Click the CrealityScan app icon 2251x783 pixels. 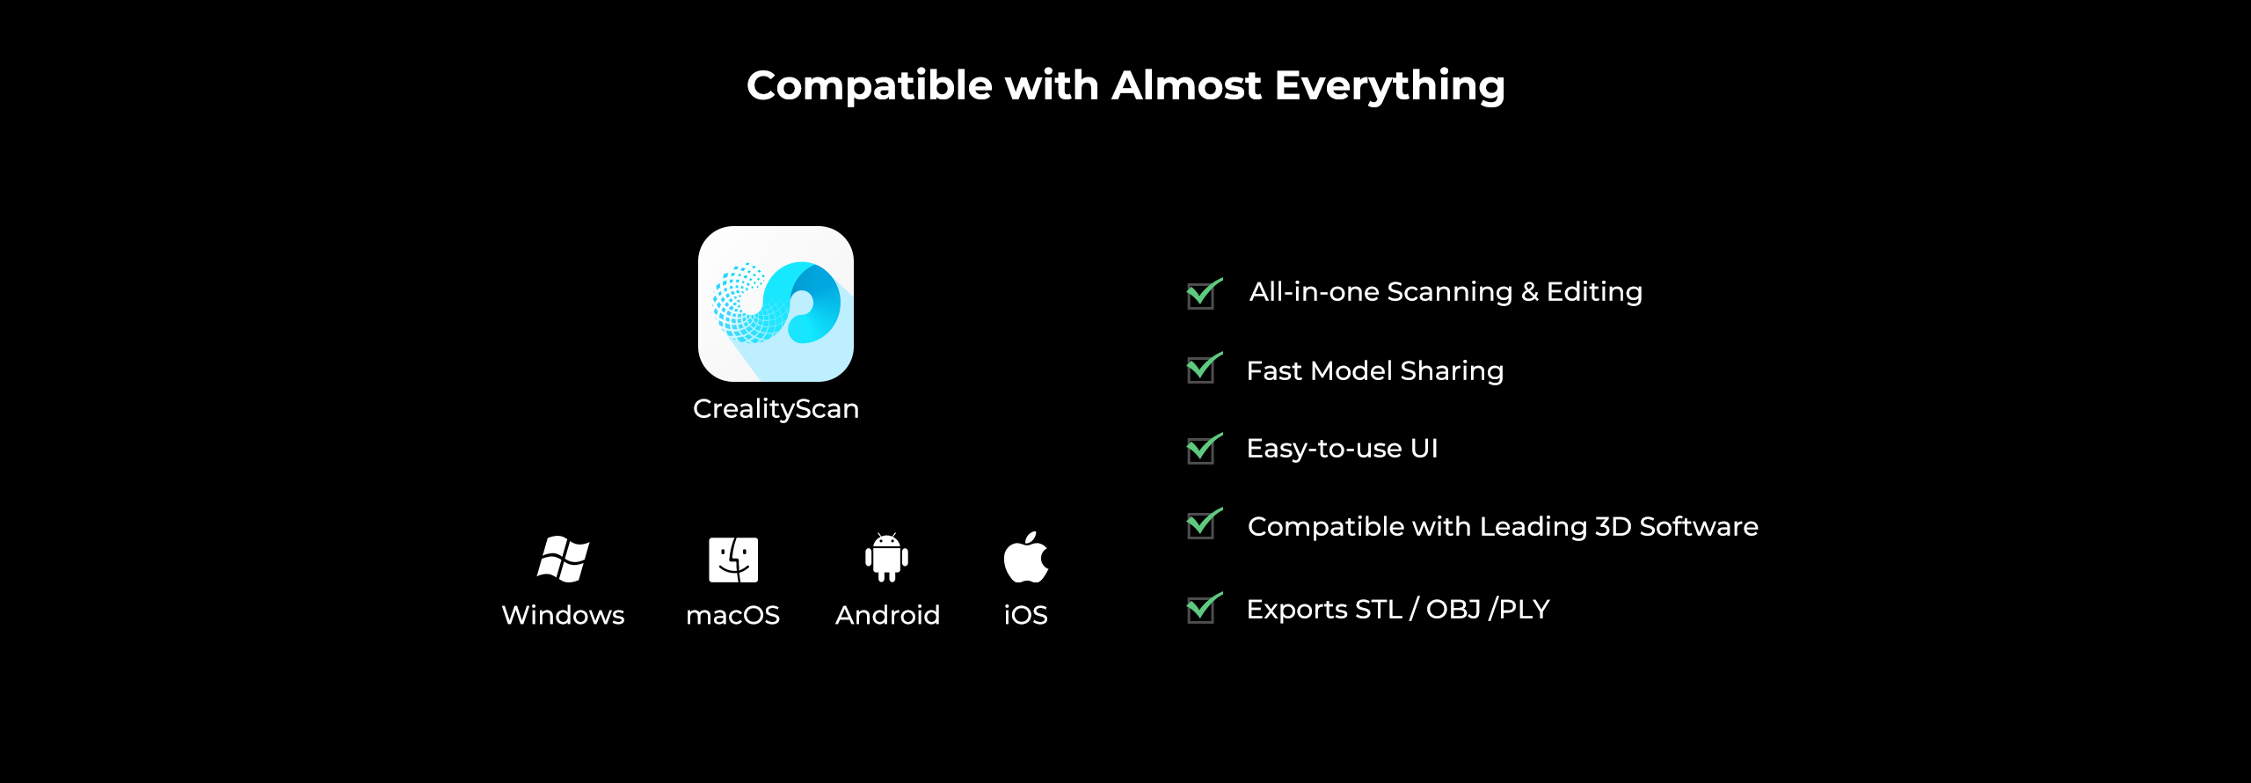[x=776, y=304]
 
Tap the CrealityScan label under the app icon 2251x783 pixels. [x=776, y=409]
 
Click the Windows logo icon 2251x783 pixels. [x=563, y=559]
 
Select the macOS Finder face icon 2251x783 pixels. [x=733, y=560]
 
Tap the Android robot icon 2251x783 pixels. [x=886, y=558]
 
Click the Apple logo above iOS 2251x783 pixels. [x=1025, y=558]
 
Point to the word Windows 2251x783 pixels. [x=563, y=615]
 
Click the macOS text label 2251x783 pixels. [x=732, y=615]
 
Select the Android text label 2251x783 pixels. [x=887, y=615]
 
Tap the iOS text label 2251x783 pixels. [x=1025, y=615]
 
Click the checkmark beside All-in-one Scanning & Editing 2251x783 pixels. [x=1202, y=294]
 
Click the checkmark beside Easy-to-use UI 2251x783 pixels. [x=1202, y=449]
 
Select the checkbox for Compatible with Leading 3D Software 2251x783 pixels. [x=1202, y=524]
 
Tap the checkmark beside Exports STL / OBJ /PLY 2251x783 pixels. [x=1202, y=608]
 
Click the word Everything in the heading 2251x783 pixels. [x=1389, y=86]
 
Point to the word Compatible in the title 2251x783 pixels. [x=871, y=86]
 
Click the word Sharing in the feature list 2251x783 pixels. [x=1452, y=371]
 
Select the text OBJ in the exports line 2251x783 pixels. [x=1453, y=609]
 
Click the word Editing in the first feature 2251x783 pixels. [x=1594, y=292]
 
